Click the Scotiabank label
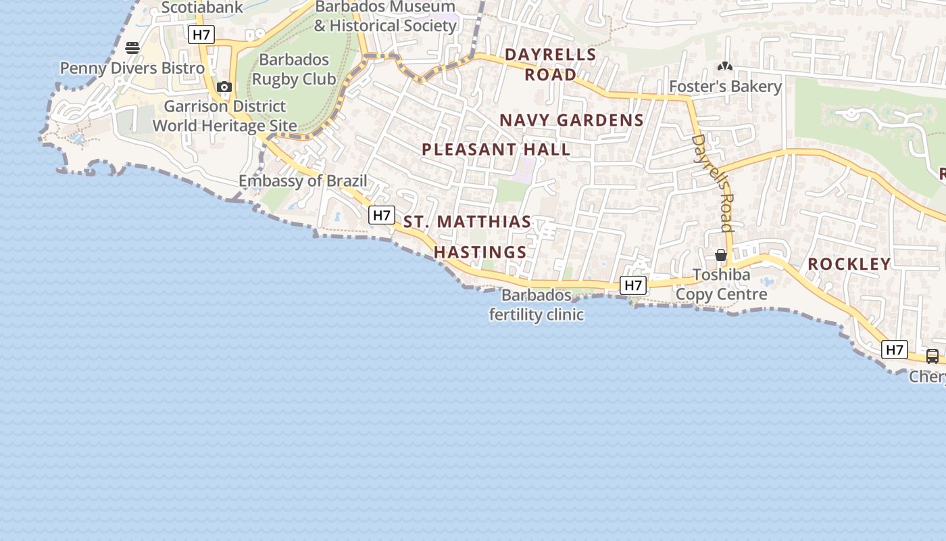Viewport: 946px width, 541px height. [x=201, y=7]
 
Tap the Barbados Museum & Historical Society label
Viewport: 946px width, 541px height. [x=385, y=17]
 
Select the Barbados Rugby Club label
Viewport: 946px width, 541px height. [x=294, y=70]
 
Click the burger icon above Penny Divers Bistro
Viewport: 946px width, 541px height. [x=132, y=48]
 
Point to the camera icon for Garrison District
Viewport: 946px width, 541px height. [x=224, y=87]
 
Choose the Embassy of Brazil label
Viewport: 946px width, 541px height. [x=303, y=181]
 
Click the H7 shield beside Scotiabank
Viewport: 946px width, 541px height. [x=201, y=34]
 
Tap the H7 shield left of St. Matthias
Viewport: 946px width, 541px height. [x=382, y=215]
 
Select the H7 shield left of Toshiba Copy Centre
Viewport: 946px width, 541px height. [x=633, y=285]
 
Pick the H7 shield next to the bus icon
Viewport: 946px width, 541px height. [x=894, y=350]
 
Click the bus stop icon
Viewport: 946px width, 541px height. [x=932, y=356]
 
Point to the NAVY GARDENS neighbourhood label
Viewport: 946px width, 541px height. [x=571, y=120]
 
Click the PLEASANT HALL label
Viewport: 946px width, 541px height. [x=496, y=149]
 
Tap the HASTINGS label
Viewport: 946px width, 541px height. [x=480, y=252]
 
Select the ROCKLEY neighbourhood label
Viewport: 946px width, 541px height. [x=849, y=264]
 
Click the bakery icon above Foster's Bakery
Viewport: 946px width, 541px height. [x=725, y=67]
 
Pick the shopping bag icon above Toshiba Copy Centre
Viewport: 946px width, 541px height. [x=721, y=255]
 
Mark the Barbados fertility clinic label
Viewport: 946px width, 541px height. [x=537, y=305]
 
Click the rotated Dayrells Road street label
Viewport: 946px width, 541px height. [x=714, y=183]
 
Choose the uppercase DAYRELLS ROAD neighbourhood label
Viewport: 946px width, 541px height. [x=551, y=64]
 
